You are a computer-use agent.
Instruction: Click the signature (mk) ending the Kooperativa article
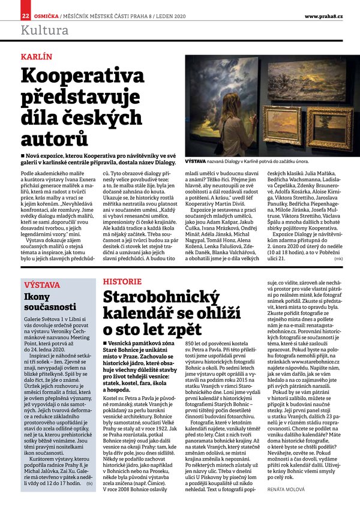(x=339, y=258)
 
